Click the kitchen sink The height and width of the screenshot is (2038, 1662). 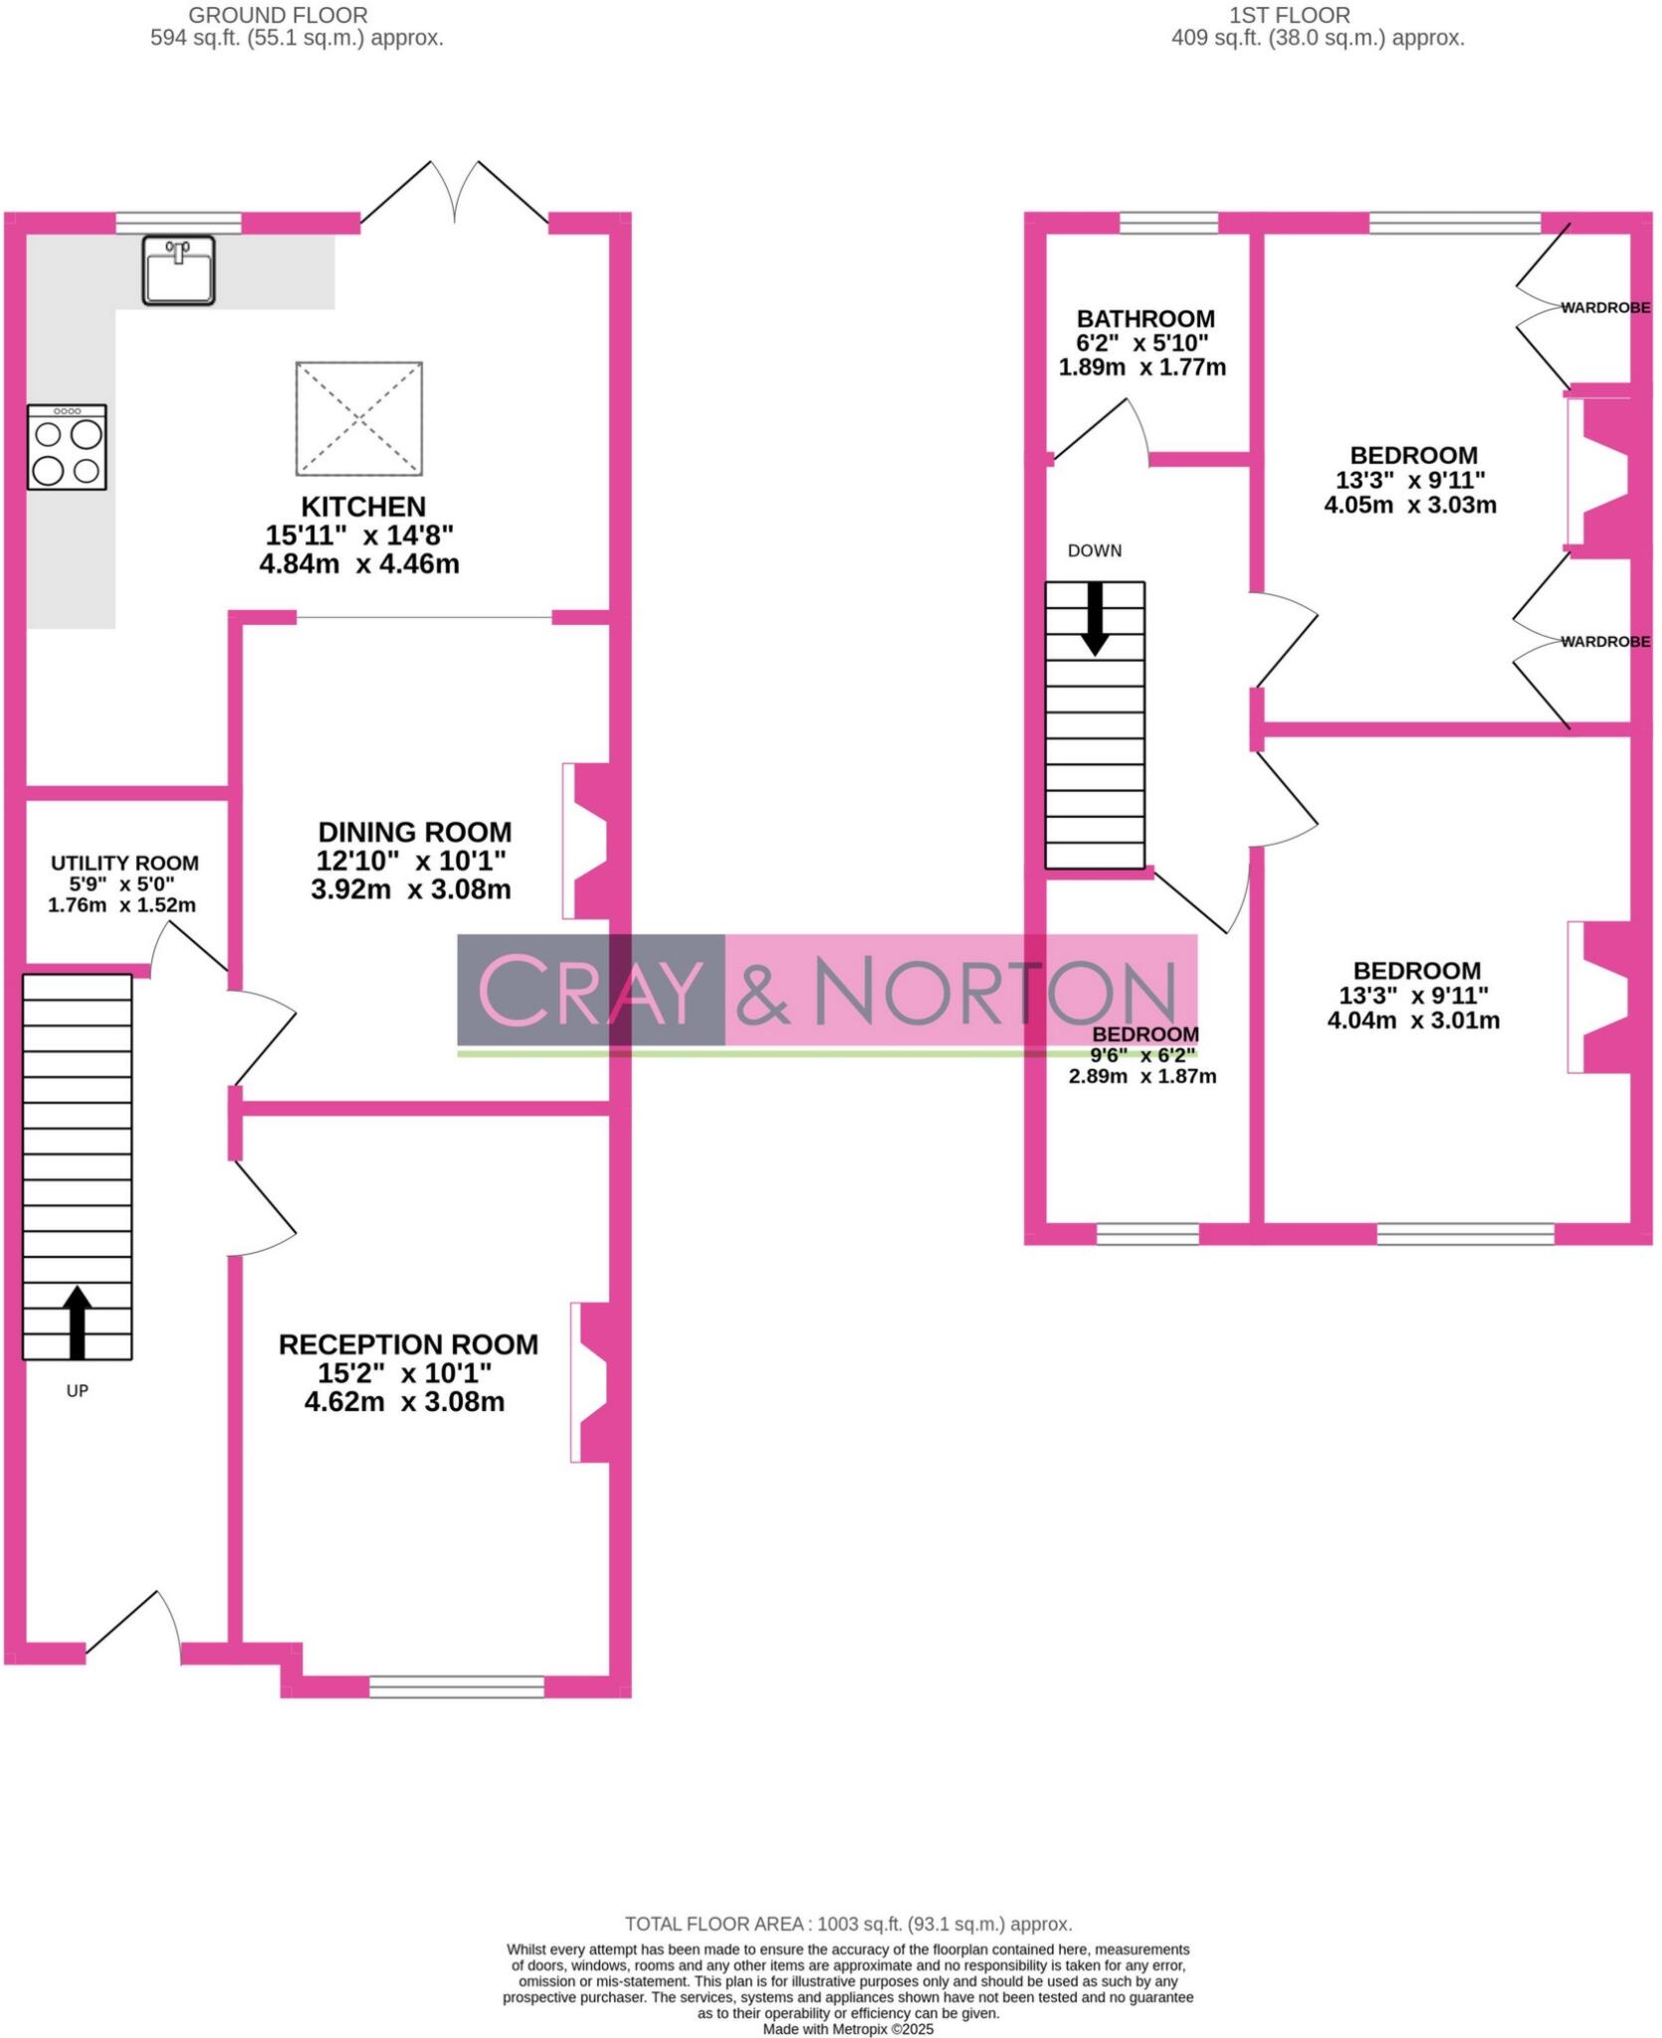(x=178, y=270)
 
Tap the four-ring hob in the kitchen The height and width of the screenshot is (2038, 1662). (x=67, y=447)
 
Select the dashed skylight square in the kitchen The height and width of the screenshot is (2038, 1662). (x=359, y=418)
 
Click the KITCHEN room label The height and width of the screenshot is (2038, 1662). (x=363, y=507)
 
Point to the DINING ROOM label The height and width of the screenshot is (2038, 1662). (x=415, y=832)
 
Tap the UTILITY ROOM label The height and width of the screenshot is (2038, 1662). (x=124, y=863)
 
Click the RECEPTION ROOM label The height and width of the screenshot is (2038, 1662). (x=408, y=1344)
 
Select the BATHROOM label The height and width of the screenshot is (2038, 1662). (x=1145, y=319)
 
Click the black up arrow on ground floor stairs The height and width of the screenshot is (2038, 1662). (x=78, y=1322)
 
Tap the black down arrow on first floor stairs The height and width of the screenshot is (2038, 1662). (x=1095, y=619)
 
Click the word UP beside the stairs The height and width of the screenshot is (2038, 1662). (x=78, y=1391)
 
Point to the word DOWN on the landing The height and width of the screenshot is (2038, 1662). (x=1095, y=551)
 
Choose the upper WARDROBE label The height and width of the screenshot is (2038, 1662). (x=1605, y=308)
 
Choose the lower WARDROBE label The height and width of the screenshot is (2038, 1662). (x=1605, y=642)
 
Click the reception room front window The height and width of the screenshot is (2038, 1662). (x=457, y=1686)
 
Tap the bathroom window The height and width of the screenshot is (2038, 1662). (x=1168, y=223)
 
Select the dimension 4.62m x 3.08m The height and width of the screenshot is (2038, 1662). (x=404, y=1401)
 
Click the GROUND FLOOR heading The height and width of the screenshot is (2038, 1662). (x=278, y=16)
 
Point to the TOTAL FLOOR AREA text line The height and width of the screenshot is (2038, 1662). (x=848, y=1925)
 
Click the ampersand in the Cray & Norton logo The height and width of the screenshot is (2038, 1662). (x=763, y=991)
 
